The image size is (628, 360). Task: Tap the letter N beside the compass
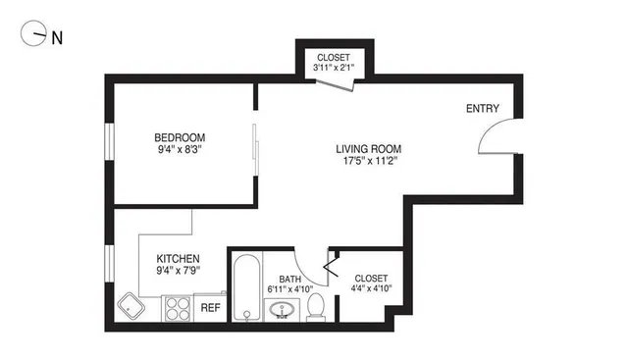click(x=57, y=38)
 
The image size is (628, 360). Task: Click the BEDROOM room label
click(x=180, y=137)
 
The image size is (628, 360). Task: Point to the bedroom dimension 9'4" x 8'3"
click(x=180, y=150)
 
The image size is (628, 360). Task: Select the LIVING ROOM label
click(x=369, y=149)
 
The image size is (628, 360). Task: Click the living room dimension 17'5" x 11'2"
click(x=369, y=162)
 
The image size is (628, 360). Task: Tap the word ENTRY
click(x=482, y=109)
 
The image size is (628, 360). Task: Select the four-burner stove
click(x=177, y=309)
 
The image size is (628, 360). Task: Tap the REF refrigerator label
click(x=210, y=308)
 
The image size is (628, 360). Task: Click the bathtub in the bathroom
click(x=246, y=288)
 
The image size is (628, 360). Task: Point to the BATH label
click(x=289, y=279)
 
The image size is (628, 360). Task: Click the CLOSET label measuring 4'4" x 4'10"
click(x=370, y=279)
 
